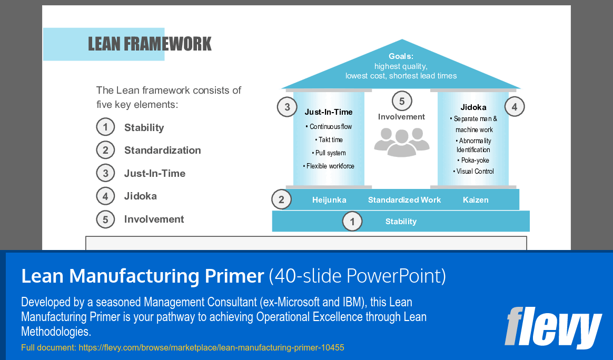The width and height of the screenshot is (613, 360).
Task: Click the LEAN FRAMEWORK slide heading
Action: (150, 44)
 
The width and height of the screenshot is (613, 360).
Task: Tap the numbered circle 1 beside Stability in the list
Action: (105, 127)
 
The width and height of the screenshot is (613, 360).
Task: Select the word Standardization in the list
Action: (162, 151)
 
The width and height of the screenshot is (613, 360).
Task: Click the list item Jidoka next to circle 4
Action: (140, 196)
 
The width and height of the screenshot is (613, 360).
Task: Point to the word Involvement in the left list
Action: (154, 219)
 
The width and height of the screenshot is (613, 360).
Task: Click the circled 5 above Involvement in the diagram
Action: (402, 101)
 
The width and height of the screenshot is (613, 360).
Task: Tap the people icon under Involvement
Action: (401, 141)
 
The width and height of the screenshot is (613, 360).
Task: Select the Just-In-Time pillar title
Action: (329, 112)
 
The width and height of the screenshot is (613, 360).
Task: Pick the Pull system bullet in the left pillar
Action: (329, 153)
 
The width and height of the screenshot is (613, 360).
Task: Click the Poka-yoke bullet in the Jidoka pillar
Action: (473, 161)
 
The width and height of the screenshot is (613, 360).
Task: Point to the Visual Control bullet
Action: (473, 172)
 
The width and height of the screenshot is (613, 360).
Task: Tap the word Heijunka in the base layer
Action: (329, 200)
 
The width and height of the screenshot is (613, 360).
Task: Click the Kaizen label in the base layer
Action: (476, 200)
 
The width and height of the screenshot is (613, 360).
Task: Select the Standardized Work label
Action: (404, 200)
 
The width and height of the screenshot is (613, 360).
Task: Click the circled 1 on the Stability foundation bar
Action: (352, 222)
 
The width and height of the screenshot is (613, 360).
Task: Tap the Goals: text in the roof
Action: (401, 56)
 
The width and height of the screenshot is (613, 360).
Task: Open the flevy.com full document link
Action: (211, 348)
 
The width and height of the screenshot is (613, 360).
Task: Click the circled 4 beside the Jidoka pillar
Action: (515, 107)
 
